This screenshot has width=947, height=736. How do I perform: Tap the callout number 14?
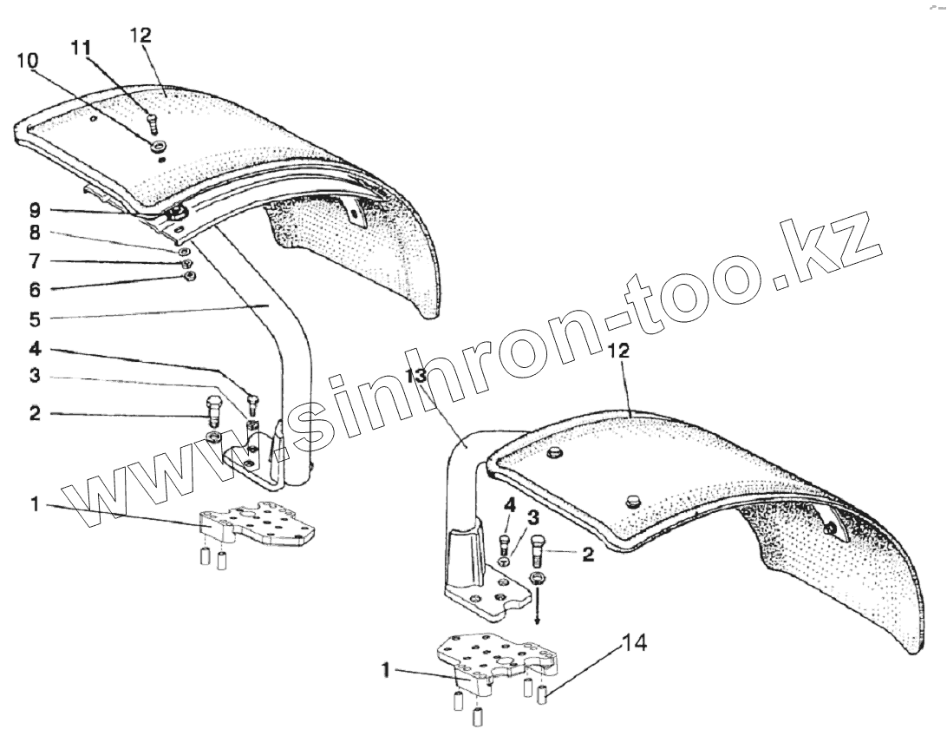coord(634,643)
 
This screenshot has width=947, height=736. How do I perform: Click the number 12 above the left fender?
coord(140,35)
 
